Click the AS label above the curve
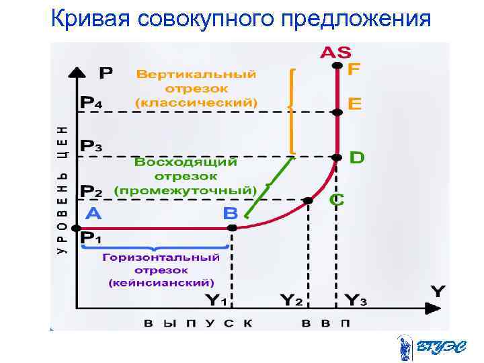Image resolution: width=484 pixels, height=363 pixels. pyautogui.click(x=335, y=52)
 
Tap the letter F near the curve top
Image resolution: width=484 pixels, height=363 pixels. pyautogui.click(x=354, y=70)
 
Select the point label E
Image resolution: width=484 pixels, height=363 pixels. pyautogui.click(x=354, y=104)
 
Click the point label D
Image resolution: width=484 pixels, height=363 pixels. pyautogui.click(x=357, y=158)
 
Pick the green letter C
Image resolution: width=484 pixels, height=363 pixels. pyautogui.click(x=337, y=200)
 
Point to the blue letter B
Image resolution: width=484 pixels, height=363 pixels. pyautogui.click(x=231, y=213)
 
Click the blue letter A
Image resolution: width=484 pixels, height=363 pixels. pyautogui.click(x=94, y=213)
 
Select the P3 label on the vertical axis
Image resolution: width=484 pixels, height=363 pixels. pyautogui.click(x=91, y=146)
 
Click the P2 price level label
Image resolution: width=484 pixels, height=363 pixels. pyautogui.click(x=91, y=191)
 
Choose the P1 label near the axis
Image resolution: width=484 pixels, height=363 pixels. pyautogui.click(x=91, y=238)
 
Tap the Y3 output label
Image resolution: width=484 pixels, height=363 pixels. pyautogui.click(x=356, y=300)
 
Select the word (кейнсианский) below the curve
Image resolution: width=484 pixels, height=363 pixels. pyautogui.click(x=161, y=282)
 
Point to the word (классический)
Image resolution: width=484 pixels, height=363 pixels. pyautogui.click(x=196, y=103)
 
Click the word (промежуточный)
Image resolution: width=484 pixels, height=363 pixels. pyautogui.click(x=186, y=190)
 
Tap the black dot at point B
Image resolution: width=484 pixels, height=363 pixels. pyautogui.click(x=232, y=228)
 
